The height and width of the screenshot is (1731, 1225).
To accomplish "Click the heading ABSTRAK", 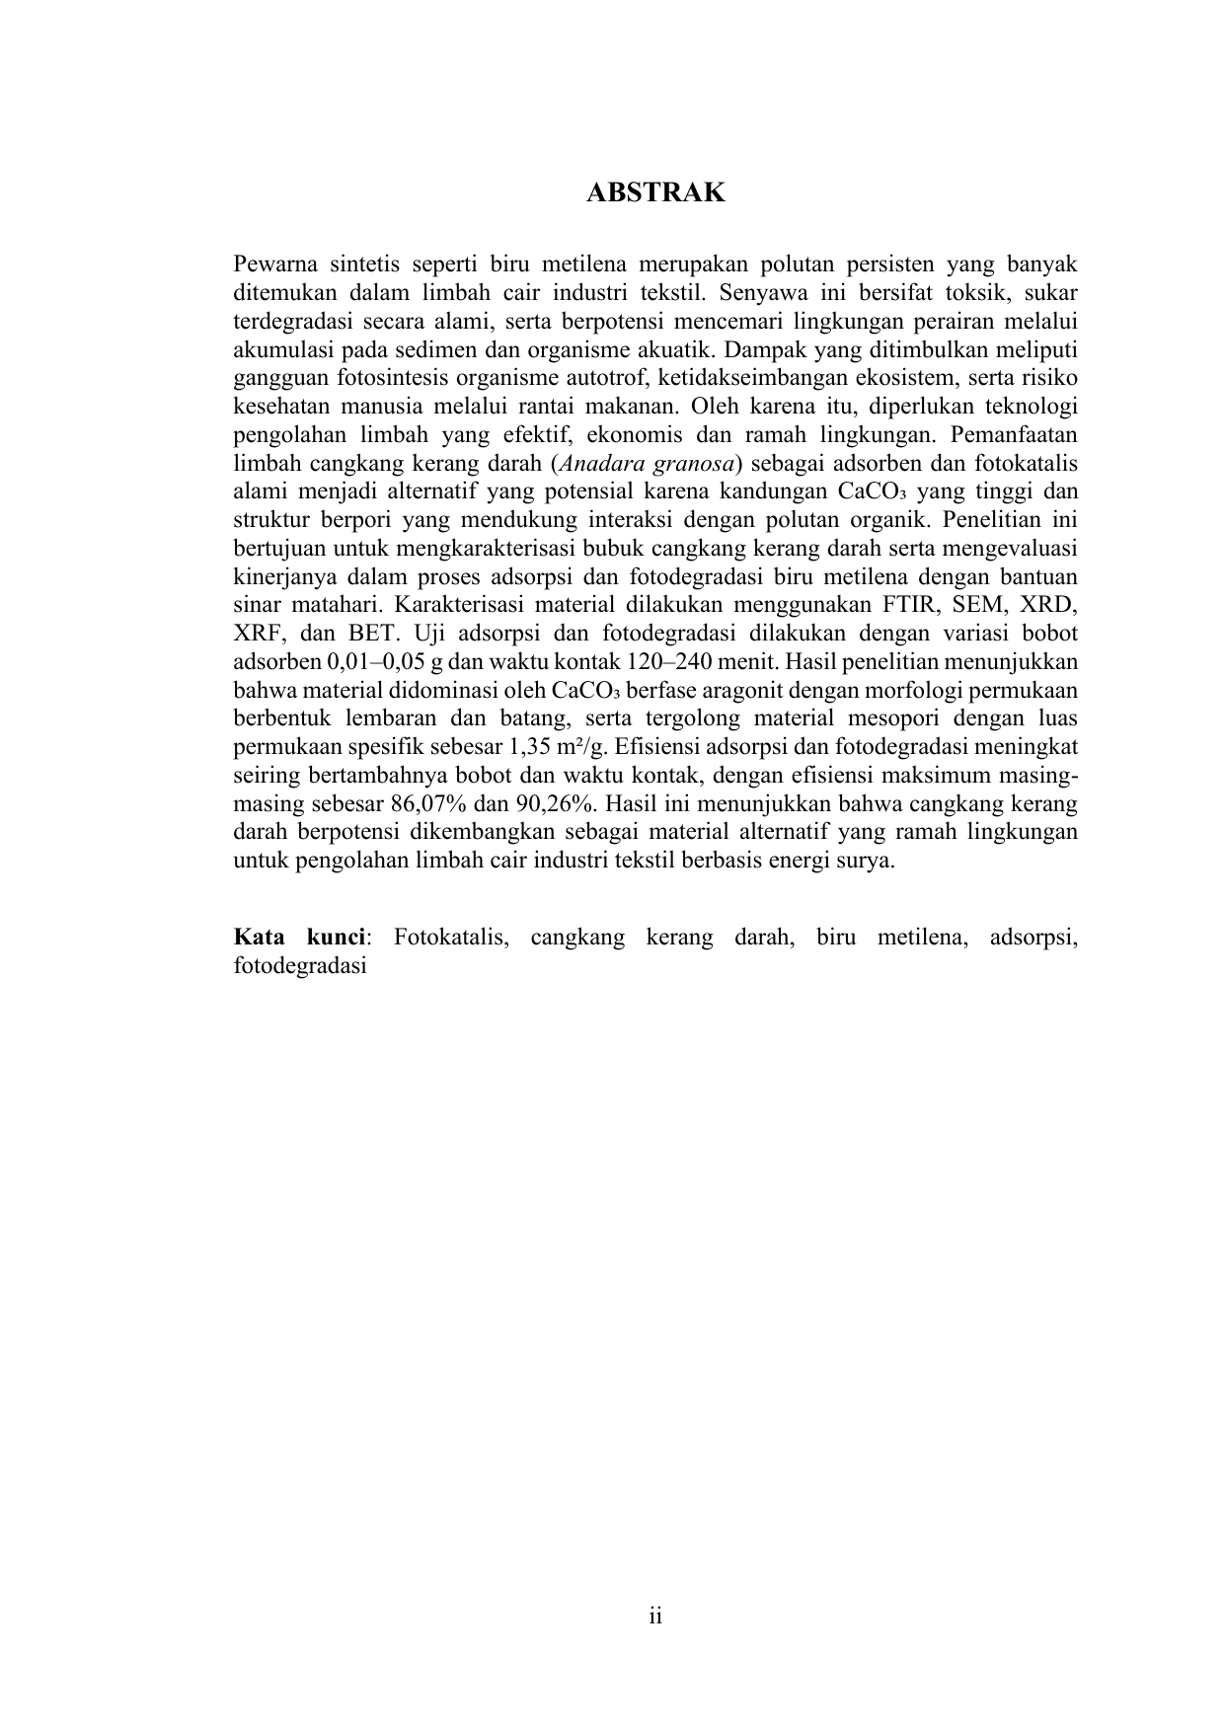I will pyautogui.click(x=655, y=192).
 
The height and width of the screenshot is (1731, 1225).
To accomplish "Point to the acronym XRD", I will pyautogui.click(x=1050, y=604).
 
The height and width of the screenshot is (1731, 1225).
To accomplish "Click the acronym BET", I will pyautogui.click(x=370, y=633).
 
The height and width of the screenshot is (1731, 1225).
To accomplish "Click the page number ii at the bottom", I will pyautogui.click(x=655, y=1617).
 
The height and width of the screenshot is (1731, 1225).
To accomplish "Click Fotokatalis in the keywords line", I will pyautogui.click(x=451, y=937).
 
